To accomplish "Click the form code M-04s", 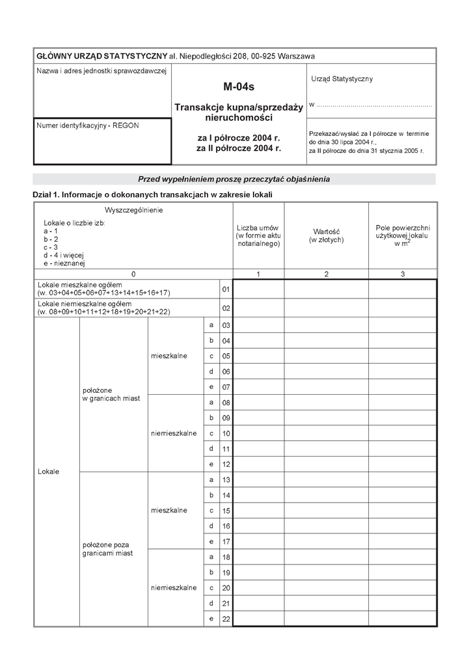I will coord(239,85).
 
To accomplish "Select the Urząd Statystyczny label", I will coord(342,79).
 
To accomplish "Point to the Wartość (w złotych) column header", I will coord(326,235).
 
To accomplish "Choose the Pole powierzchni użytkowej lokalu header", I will coord(403,235).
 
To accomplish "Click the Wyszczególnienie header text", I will coord(133,210).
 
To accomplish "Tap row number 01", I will coord(226,289).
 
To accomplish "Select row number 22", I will coord(226,619).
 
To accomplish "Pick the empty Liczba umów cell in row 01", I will coord(258,289).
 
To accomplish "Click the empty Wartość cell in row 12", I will coord(326,464).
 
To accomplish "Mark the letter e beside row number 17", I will coord(211,541).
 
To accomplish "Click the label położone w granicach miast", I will coord(111,394).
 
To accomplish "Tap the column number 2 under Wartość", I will coord(326,274).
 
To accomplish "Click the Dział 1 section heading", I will coord(152,194).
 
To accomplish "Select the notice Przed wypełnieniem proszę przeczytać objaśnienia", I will coord(234,179).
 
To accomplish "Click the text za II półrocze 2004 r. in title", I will coord(239,148).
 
